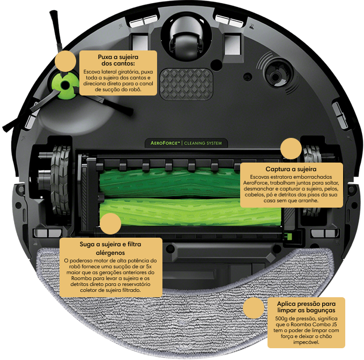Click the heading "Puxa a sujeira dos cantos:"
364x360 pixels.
pyautogui.click(x=118, y=60)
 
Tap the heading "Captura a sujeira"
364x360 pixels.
pyautogui.click(x=291, y=169)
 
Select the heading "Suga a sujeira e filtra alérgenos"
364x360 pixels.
pyautogui.click(x=110, y=248)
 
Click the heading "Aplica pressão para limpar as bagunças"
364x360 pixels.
pyautogui.click(x=306, y=307)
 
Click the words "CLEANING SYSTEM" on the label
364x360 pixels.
pyautogui.click(x=203, y=143)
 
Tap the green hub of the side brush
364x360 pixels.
pyautogui.click(x=65, y=85)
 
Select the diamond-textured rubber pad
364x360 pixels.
pyautogui.click(x=186, y=84)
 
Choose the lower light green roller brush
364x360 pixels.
pyautogui.click(x=190, y=212)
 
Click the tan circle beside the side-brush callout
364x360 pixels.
pyautogui.click(x=66, y=61)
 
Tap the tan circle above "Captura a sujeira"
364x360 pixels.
pyautogui.click(x=291, y=149)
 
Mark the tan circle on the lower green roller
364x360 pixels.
pyautogui.click(x=110, y=224)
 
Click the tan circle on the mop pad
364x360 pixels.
pyautogui.click(x=254, y=308)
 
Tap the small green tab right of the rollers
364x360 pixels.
pyautogui.click(x=289, y=237)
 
